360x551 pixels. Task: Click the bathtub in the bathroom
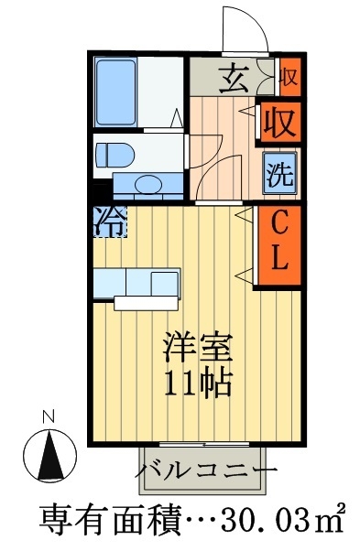point(116,92)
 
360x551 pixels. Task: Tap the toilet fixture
point(115,154)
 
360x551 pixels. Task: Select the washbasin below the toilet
point(146,185)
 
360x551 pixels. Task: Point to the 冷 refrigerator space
point(108,222)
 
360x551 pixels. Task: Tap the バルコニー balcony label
point(205,471)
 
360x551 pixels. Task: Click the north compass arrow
point(50,450)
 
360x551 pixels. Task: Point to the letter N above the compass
point(50,417)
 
